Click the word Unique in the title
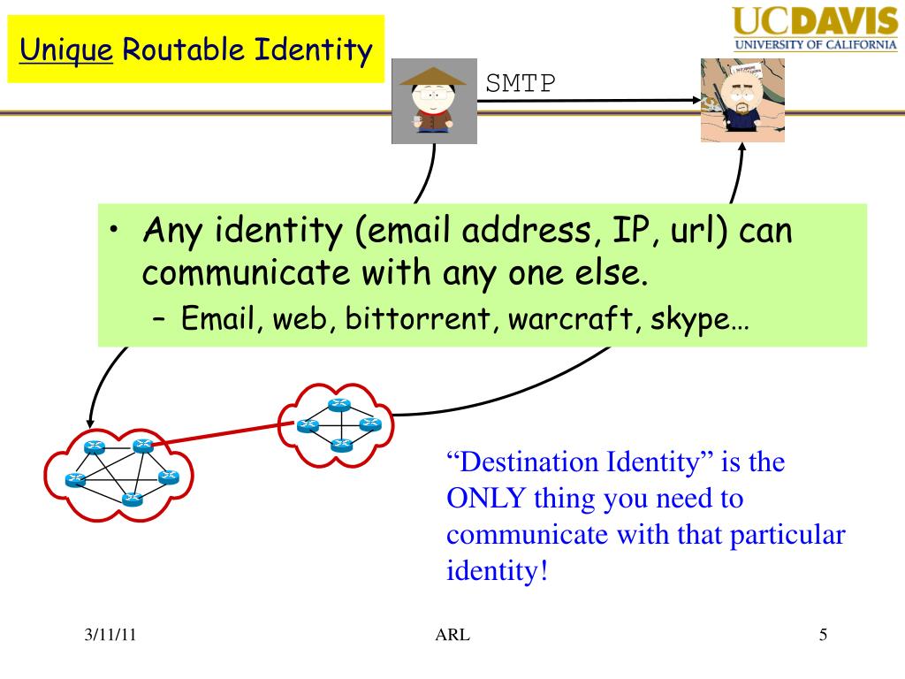point(67,50)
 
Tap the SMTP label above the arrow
point(521,83)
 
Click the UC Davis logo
point(814,28)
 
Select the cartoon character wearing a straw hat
point(434,101)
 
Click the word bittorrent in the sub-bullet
point(412,317)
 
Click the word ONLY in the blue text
point(489,499)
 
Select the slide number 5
point(823,635)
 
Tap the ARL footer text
point(452,635)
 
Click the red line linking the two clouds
point(221,434)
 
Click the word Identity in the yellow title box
point(313,50)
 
